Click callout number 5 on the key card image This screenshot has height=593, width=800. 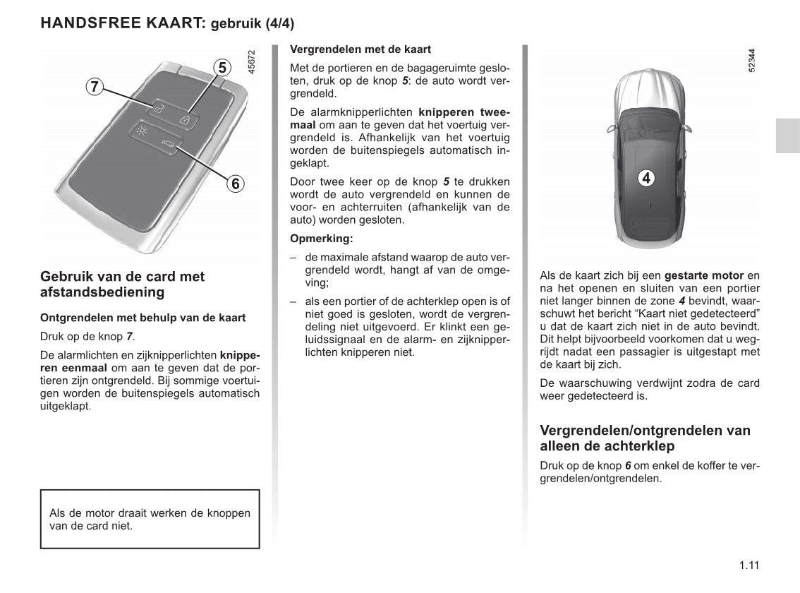[222, 68]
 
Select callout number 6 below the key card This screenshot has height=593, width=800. [235, 184]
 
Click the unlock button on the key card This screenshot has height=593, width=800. [159, 108]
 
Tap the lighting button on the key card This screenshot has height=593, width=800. [142, 131]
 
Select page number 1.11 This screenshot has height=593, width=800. [749, 565]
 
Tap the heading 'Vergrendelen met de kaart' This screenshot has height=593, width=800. [360, 49]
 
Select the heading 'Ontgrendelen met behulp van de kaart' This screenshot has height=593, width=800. [143, 318]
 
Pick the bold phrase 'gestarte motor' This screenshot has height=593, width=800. [704, 275]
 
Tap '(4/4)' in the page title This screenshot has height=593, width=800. [280, 23]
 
